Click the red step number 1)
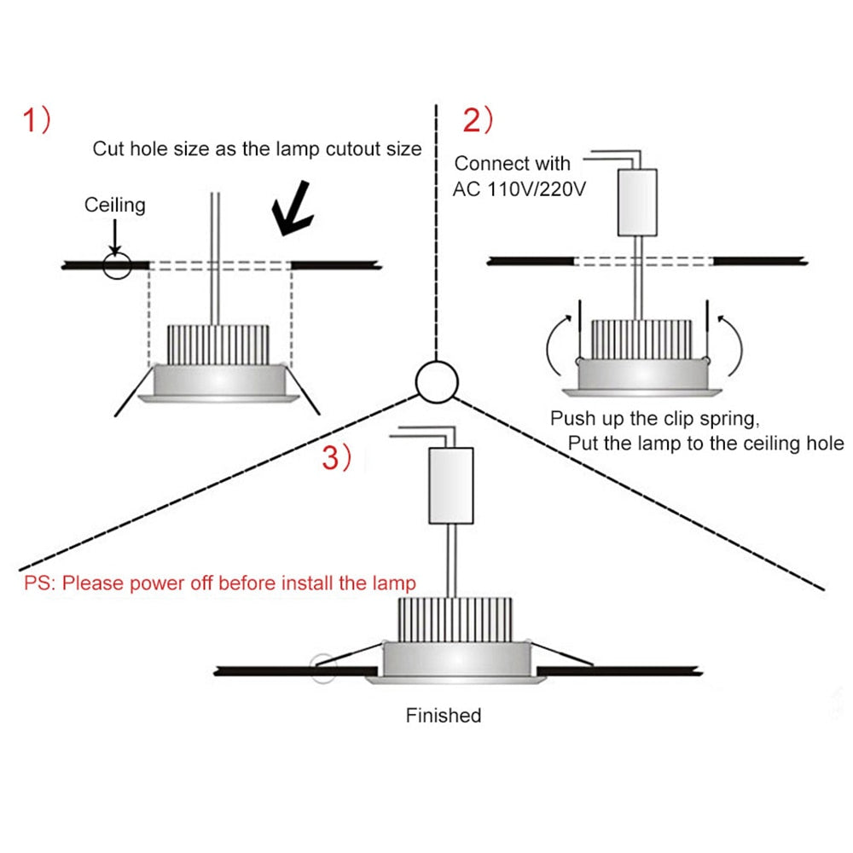tap(37, 122)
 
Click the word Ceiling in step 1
tap(114, 205)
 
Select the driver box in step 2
tap(636, 202)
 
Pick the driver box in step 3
tap(450, 485)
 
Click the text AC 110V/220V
tap(519, 189)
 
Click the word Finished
tap(444, 715)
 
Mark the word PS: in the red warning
tap(39, 583)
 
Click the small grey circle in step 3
tap(322, 667)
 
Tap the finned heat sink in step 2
tap(641, 339)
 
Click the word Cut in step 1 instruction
tap(108, 148)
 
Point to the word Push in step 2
tap(571, 419)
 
